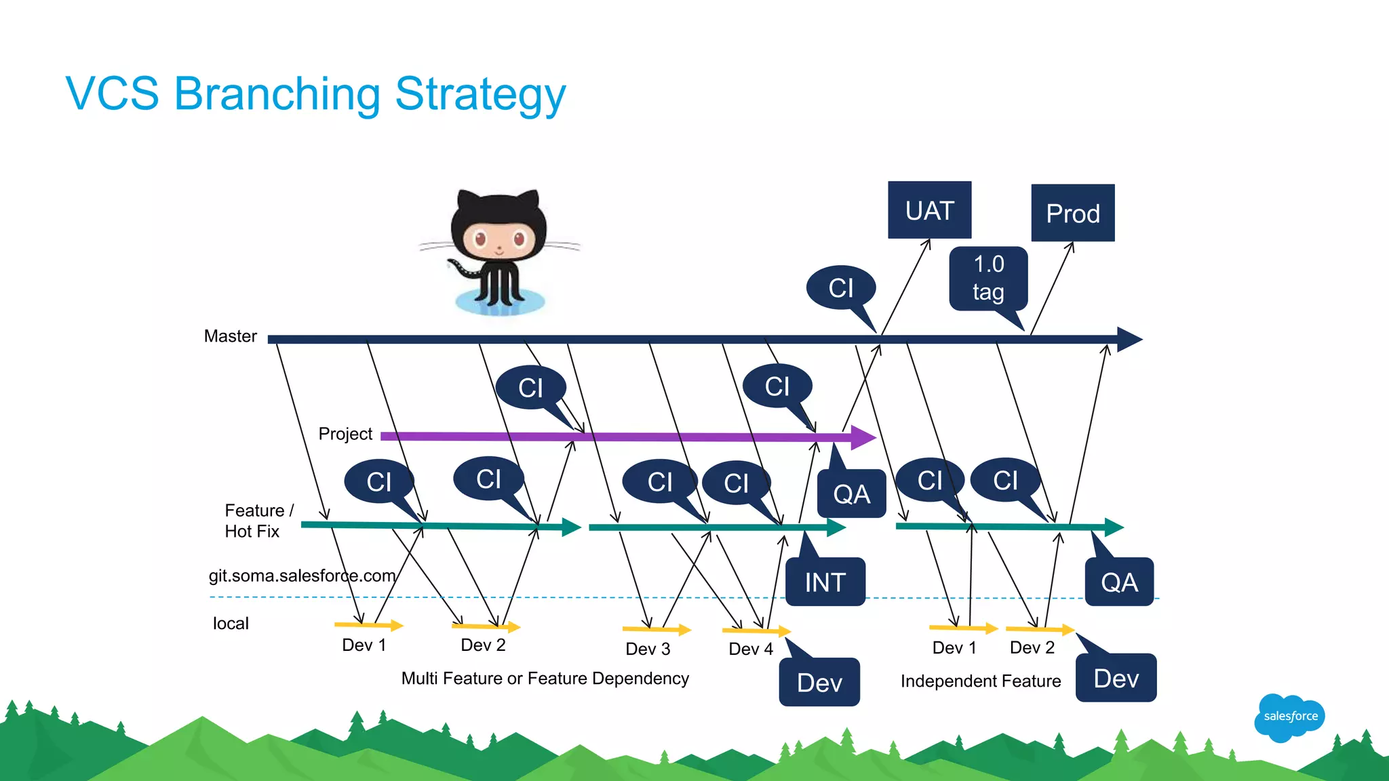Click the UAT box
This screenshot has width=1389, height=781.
(929, 210)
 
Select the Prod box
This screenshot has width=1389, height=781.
(1072, 213)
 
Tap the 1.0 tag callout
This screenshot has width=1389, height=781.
(988, 278)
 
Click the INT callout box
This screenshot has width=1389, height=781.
(825, 582)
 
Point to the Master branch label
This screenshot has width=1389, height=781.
(231, 336)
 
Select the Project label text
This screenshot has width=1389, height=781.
(345, 434)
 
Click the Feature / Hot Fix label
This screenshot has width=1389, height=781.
(258, 521)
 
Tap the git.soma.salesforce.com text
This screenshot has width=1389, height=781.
(302, 576)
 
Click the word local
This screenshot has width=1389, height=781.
(231, 624)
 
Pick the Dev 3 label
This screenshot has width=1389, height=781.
(648, 649)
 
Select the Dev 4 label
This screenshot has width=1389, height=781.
(750, 649)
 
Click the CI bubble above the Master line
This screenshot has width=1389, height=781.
(840, 288)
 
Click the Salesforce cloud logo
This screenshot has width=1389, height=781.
(1289, 717)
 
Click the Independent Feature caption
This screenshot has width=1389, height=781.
(980, 681)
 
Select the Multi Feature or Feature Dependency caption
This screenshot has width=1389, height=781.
(545, 679)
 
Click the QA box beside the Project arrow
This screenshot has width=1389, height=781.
(851, 494)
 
